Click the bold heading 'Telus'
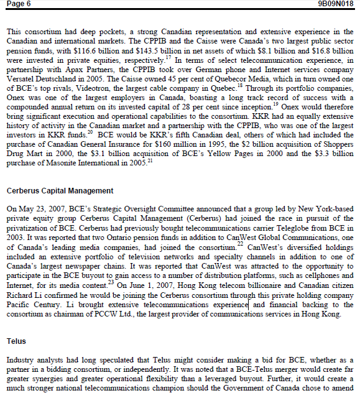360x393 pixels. [16, 341]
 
